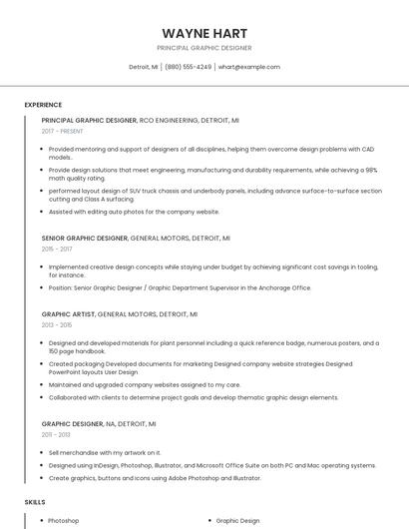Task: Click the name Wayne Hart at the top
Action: (204, 33)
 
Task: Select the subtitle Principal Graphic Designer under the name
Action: (204, 48)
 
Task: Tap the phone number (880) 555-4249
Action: (188, 67)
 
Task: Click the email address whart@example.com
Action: (248, 67)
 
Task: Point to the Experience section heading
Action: (43, 104)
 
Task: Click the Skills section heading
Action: (35, 501)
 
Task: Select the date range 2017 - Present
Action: (63, 131)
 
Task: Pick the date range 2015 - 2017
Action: (57, 249)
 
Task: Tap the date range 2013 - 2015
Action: (57, 324)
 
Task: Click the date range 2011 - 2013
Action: (57, 434)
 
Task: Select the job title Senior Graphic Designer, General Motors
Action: (136, 239)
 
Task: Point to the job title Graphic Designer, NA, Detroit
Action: (99, 424)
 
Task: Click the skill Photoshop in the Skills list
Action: (64, 520)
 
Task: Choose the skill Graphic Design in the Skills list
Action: (237, 520)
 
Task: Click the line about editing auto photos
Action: (134, 212)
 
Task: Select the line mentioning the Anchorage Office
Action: (180, 287)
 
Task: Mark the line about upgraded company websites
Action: (144, 384)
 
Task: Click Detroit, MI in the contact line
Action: (143, 67)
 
